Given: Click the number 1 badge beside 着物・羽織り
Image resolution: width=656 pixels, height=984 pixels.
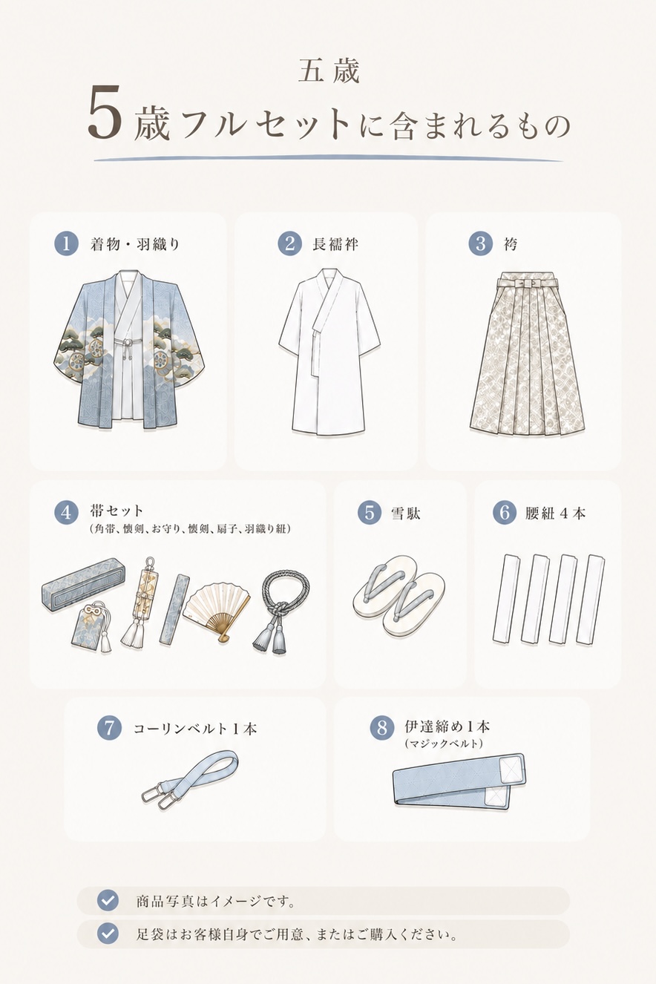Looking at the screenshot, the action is tap(66, 243).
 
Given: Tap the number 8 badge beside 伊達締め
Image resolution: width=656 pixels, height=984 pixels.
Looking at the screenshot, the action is tap(382, 727).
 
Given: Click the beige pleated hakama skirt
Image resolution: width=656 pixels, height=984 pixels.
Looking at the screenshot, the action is tap(528, 350).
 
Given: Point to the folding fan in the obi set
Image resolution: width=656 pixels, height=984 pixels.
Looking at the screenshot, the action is tap(217, 611).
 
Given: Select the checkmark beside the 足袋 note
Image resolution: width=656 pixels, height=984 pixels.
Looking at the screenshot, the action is tap(108, 933).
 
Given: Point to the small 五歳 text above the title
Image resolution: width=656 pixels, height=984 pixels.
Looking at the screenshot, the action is tap(329, 71).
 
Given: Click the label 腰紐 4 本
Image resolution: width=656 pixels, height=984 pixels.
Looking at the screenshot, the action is tap(555, 513).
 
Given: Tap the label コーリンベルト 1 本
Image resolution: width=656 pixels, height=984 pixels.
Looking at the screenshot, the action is tap(195, 729).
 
